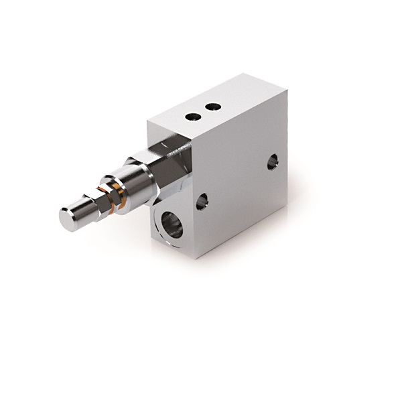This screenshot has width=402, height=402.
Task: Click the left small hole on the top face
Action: pos(193,116)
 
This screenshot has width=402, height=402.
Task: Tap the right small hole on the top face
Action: pos(212,106)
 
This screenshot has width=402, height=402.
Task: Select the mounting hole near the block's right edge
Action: pos(272,161)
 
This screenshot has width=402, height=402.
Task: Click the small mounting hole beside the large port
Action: pos(202,200)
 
